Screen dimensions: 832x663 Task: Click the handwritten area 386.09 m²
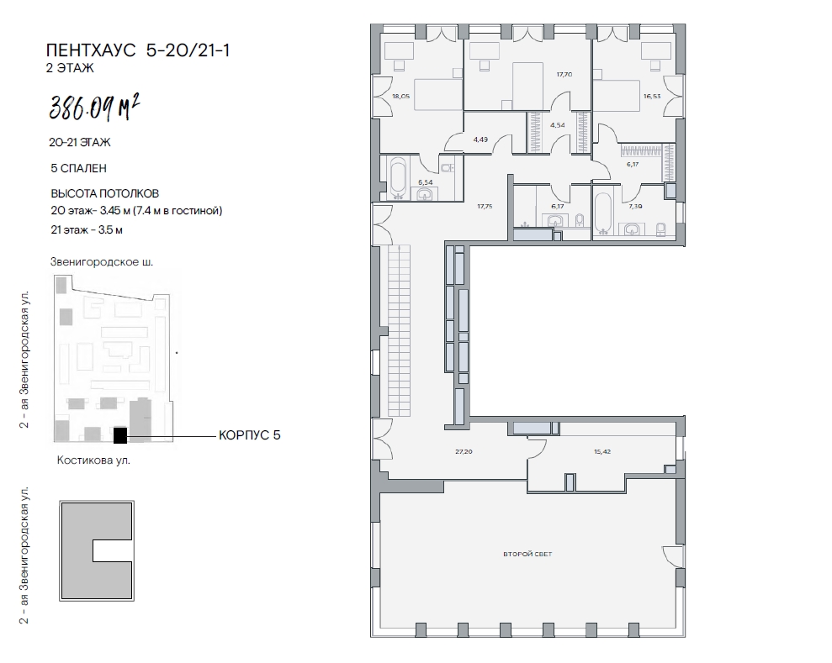(94, 108)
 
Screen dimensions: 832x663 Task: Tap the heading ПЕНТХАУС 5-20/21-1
(138, 50)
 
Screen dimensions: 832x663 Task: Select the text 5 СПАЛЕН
(78, 168)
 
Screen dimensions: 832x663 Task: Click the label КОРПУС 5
(249, 435)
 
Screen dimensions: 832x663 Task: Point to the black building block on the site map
(120, 435)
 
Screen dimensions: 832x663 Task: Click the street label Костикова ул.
(93, 460)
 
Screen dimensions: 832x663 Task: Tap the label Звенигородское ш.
(101, 262)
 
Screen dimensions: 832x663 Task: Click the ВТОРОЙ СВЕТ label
(527, 554)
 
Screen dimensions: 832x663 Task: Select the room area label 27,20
(464, 451)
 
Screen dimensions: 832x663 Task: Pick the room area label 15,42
(602, 451)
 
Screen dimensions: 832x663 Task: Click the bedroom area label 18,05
(400, 97)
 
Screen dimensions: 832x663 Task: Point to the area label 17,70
(564, 75)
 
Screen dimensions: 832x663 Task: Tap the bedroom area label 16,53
(652, 97)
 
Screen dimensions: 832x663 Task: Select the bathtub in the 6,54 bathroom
(399, 178)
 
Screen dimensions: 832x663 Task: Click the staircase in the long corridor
(400, 330)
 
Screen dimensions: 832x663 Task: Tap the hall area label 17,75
(485, 206)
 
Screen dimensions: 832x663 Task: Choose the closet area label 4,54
(558, 125)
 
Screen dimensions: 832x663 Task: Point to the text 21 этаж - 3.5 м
(87, 230)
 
